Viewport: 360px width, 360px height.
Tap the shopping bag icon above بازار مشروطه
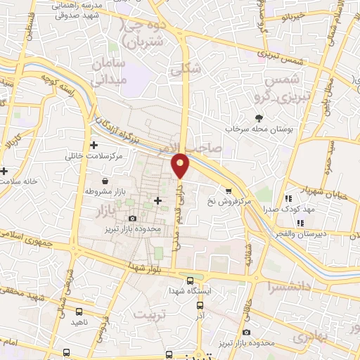[104, 181]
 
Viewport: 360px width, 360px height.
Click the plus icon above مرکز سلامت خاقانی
[94, 144]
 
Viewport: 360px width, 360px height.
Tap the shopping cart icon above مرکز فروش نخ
[229, 191]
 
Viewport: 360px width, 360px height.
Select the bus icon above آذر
[200, 306]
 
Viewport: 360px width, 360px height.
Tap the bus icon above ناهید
[77, 311]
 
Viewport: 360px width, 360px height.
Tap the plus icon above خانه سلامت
[4, 171]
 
